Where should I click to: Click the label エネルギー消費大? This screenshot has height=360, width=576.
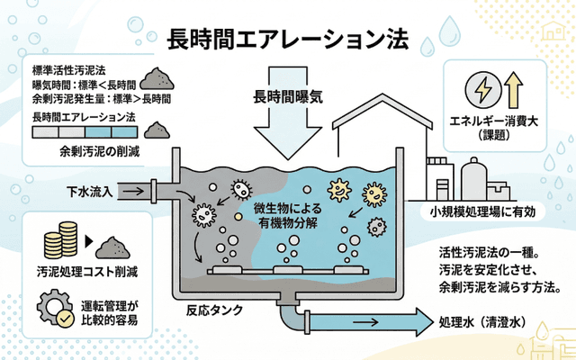pos(498,123)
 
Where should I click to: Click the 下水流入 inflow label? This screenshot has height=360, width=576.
pos(90,191)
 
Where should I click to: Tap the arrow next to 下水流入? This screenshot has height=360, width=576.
pos(133,191)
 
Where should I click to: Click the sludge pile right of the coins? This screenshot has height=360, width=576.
pos(114,245)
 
